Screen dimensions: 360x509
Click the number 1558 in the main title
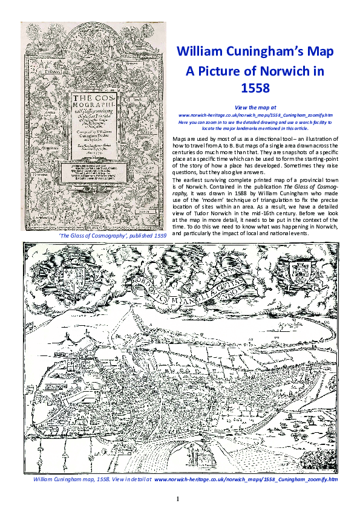pyautogui.click(x=255, y=88)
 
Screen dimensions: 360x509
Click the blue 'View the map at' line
pyautogui.click(x=255, y=107)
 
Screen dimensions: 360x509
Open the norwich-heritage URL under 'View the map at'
pyautogui.click(x=255, y=114)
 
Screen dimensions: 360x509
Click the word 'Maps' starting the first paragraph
pyautogui.click(x=180, y=138)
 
